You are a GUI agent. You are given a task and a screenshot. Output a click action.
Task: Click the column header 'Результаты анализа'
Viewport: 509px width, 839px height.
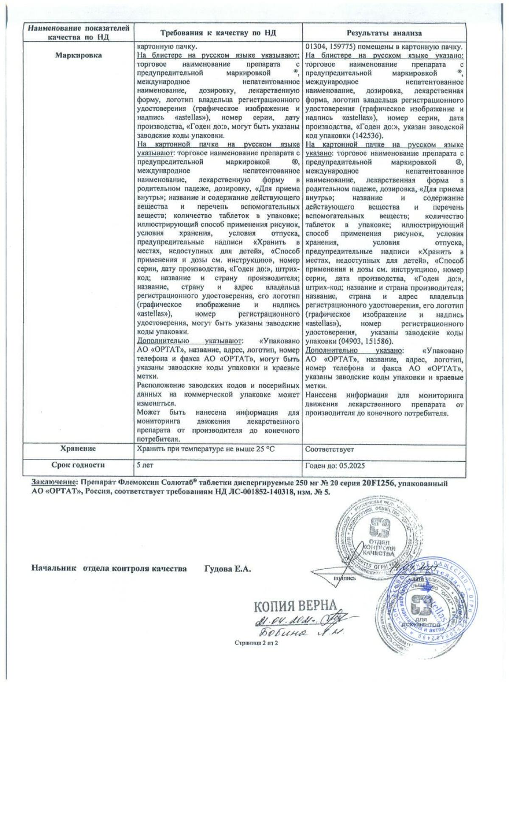pyautogui.click(x=384, y=33)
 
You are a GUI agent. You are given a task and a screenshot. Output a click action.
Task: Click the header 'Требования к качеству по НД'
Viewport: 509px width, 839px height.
pyautogui.click(x=217, y=33)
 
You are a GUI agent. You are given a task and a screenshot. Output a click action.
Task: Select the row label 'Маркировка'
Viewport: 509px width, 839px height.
pyautogui.click(x=78, y=55)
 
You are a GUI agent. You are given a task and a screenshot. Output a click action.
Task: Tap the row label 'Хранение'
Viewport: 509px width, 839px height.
pyautogui.click(x=78, y=448)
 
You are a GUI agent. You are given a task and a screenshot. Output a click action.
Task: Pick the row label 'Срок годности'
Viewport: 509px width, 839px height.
pyautogui.click(x=78, y=465)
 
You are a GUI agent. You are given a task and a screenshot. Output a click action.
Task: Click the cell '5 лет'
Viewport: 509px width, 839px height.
pyautogui.click(x=145, y=465)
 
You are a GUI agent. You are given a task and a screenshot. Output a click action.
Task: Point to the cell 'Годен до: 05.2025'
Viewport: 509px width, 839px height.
pyautogui.click(x=335, y=466)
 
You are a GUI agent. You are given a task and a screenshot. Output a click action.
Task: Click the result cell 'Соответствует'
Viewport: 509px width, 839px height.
pyautogui.click(x=330, y=449)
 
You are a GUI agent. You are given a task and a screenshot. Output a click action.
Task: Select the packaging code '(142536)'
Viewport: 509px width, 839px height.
pyautogui.click(x=368, y=136)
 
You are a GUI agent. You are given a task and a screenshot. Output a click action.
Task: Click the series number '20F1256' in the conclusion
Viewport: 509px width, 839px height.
pyautogui.click(x=377, y=483)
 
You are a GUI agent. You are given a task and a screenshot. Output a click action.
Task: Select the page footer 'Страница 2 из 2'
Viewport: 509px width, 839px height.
pyautogui.click(x=256, y=643)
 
